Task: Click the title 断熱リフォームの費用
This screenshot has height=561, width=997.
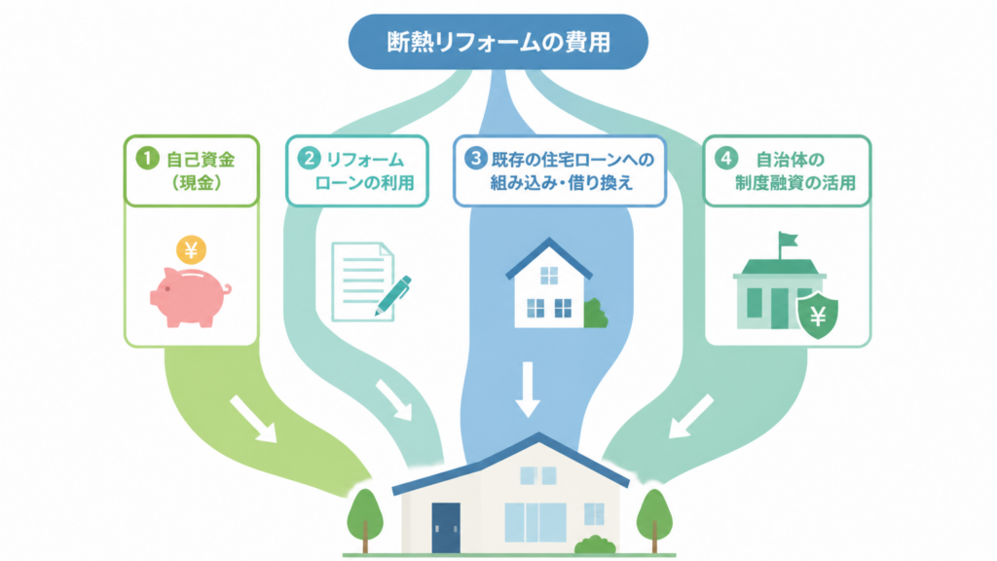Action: pos(498,42)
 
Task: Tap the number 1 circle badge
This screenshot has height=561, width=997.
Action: pos(148,159)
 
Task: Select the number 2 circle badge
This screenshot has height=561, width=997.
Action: pos(309,159)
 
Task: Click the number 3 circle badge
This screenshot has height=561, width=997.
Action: pos(475,158)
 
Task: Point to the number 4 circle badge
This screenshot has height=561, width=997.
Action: pos(726,158)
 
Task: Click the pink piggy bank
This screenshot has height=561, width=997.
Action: pos(190,297)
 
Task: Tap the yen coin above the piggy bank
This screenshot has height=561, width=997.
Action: pos(192,250)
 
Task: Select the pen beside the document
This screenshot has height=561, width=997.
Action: pos(393,296)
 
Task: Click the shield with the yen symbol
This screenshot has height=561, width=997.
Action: pos(818,315)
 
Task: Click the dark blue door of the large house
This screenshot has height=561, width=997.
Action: pos(446,528)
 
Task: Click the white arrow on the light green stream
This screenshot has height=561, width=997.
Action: pos(253,419)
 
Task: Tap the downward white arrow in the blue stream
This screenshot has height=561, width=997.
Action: pos(527,390)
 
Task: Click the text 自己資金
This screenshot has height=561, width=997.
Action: pos(201,160)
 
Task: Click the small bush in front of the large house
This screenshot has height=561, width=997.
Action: pos(595,545)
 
